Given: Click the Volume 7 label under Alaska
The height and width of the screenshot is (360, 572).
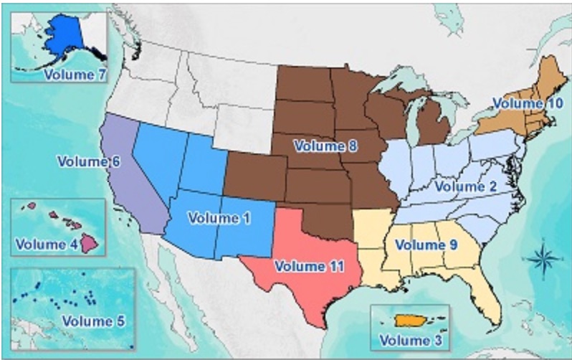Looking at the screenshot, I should point(70,74).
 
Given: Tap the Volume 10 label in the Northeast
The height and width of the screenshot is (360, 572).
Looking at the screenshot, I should point(526,103).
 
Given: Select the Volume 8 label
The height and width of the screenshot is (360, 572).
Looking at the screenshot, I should point(324,146).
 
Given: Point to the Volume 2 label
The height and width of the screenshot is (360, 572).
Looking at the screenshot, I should point(465,186).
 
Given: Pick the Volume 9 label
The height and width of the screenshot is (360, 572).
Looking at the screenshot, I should point(425,245).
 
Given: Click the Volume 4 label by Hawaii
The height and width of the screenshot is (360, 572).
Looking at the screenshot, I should point(46,242).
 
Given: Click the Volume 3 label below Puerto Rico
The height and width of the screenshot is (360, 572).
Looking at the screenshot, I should point(410,338).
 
